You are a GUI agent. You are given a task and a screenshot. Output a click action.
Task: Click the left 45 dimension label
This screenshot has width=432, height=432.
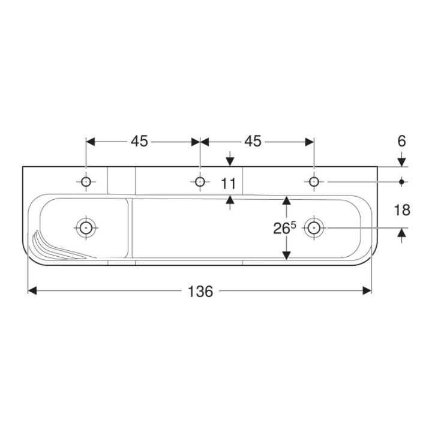139,142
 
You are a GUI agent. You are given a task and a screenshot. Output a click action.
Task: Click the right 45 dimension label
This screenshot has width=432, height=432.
253,142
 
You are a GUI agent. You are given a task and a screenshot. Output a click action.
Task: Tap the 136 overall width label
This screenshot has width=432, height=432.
200,291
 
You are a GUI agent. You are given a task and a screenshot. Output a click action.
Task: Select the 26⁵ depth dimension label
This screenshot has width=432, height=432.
284,227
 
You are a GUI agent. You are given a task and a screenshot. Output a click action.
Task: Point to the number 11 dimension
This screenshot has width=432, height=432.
229,184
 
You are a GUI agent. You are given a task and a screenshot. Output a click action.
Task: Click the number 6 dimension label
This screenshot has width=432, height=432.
401,142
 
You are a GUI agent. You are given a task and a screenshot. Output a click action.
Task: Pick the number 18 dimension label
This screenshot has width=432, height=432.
402,210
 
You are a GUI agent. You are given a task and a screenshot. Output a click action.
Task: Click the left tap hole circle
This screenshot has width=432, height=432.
86,182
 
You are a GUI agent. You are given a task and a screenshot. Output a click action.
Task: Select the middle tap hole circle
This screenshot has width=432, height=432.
200,182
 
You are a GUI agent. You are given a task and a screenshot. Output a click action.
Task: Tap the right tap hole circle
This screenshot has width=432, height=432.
314,182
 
